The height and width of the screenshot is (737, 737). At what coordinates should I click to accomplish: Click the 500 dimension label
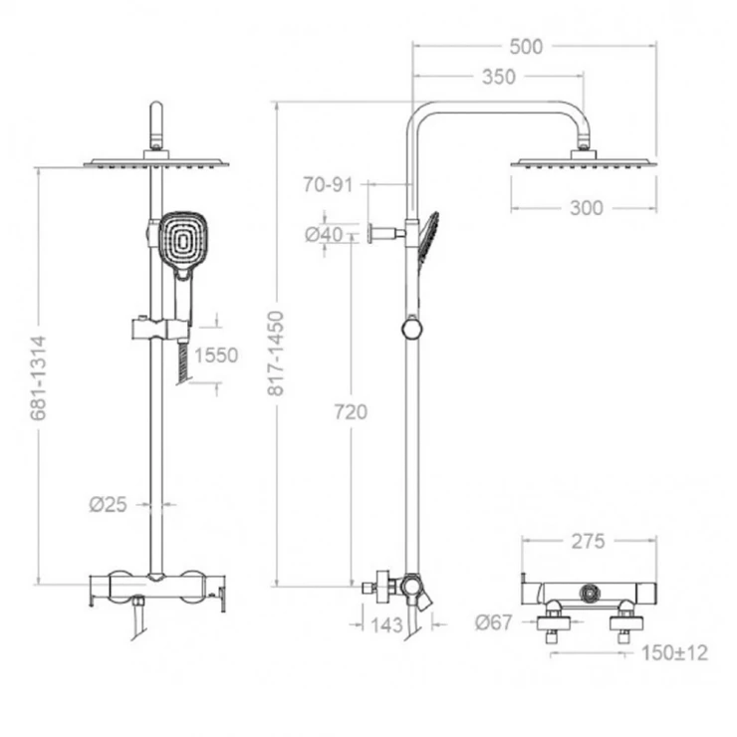point(526,47)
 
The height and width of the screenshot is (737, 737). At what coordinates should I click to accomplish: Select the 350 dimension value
point(499,77)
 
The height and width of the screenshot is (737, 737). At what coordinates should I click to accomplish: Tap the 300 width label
point(587,208)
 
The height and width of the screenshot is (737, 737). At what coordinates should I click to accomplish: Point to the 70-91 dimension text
point(328,184)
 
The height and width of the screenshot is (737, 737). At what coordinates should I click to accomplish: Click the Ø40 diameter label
point(324,234)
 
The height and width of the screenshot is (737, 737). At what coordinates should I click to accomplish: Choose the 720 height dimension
point(351,412)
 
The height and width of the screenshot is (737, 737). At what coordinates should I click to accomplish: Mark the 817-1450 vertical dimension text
point(277,353)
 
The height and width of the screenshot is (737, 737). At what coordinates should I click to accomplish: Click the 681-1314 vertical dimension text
point(38,377)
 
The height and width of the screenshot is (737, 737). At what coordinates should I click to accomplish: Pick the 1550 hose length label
point(216,356)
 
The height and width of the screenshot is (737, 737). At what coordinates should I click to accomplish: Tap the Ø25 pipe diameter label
point(109,505)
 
